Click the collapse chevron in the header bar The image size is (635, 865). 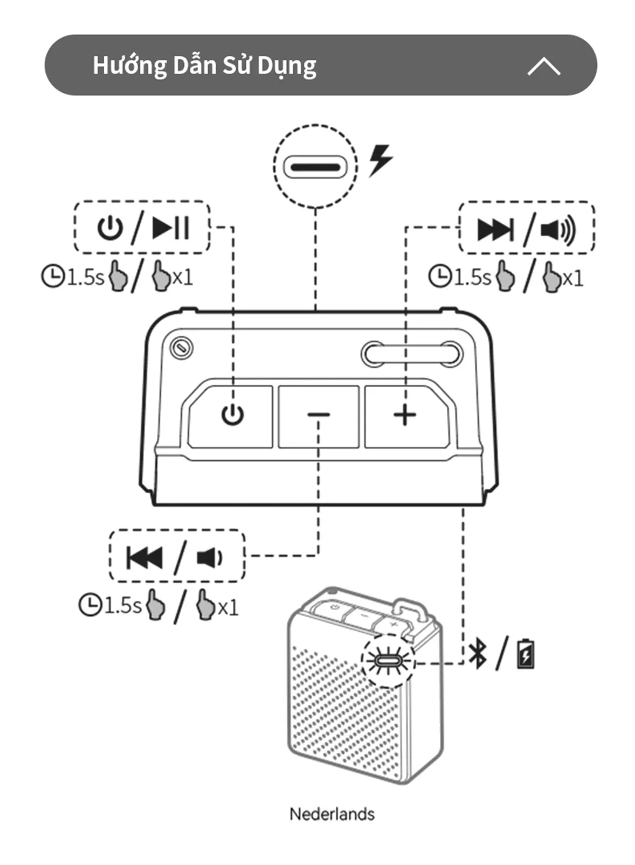(544, 66)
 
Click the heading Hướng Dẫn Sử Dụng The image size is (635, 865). (205, 66)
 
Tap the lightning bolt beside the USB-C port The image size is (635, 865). (380, 161)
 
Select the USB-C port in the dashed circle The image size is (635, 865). (315, 167)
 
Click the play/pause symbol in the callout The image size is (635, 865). (171, 228)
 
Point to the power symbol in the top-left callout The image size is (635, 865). (110, 228)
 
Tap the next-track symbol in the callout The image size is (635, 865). (496, 230)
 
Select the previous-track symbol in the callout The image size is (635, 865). (144, 558)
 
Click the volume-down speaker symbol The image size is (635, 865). (209, 558)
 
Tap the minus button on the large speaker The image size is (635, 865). (319, 416)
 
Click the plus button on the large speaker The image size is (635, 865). (406, 416)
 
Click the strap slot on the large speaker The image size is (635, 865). (412, 354)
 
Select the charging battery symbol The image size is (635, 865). (526, 654)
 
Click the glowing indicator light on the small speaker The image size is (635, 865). (387, 662)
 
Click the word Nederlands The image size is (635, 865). (332, 814)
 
